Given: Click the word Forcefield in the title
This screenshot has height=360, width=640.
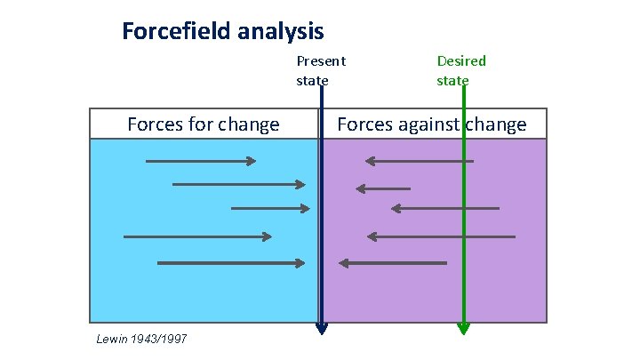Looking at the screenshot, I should (179, 32).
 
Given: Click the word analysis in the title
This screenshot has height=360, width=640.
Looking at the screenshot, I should (282, 32).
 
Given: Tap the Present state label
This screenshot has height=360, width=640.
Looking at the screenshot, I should (320, 70).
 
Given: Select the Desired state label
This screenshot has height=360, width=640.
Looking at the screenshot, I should (460, 70).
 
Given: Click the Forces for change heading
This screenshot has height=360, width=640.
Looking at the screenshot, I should (203, 124).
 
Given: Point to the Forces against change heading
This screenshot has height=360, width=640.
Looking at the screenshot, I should (431, 124).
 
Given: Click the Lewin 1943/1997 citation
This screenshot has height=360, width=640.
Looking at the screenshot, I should (140, 339).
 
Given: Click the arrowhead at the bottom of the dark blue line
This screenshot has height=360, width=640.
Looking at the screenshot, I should (322, 330).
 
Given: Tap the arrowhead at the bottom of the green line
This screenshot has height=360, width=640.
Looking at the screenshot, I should (462, 329).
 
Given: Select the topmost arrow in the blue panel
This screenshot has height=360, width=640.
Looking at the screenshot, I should (201, 161).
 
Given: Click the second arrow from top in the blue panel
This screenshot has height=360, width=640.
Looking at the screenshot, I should (238, 184).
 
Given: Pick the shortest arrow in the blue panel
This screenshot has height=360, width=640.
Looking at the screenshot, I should (270, 208).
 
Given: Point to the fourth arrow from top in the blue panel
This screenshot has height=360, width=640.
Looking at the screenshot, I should (197, 236).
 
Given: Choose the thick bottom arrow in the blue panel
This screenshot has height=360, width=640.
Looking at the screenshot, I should (231, 263).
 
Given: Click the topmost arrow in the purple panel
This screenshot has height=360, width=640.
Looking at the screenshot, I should (419, 161).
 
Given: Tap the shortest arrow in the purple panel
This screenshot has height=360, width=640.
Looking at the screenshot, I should (383, 188).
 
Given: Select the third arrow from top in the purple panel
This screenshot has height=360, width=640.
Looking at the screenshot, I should (445, 208).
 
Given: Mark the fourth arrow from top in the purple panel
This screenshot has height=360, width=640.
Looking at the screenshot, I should (441, 236).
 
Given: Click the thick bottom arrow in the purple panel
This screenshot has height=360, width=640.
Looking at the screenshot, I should (393, 263).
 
